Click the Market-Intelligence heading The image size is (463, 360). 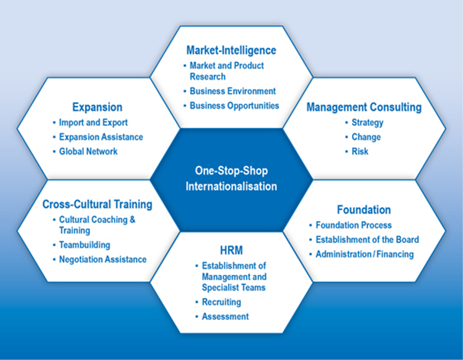click(231, 51)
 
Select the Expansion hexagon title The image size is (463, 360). click(97, 107)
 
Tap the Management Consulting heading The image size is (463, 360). click(364, 107)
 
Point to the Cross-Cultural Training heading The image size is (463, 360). click(97, 205)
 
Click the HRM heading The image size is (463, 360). click(231, 251)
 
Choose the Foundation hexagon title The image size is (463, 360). click(364, 209)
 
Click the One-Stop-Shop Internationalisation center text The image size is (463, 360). click(231, 178)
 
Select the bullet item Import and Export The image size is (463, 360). click(93, 123)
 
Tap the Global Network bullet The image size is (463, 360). click(88, 152)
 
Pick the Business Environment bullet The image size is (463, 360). click(233, 91)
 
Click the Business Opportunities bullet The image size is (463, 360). click(234, 106)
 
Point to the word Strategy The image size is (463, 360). click(367, 123)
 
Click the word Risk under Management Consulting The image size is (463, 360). click(360, 152)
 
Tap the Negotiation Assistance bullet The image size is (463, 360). click(103, 260)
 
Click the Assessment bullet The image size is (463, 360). click(224, 316)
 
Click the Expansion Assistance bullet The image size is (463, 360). click(101, 137)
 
